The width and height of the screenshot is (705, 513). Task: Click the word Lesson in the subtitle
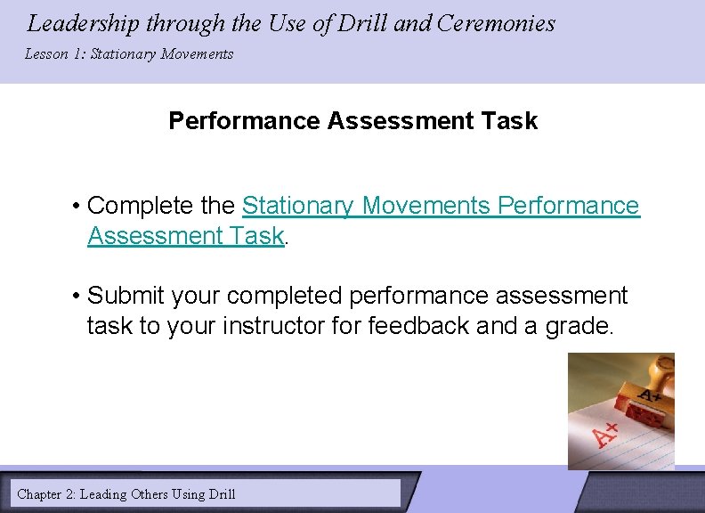[x=45, y=54]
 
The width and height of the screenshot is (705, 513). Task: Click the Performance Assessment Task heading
[x=352, y=121]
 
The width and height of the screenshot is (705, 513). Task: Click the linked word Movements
[x=425, y=206]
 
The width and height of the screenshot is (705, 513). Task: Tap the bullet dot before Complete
[x=78, y=207]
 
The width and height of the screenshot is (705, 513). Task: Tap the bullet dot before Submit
[x=78, y=296]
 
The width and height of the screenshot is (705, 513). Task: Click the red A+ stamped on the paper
[x=607, y=434]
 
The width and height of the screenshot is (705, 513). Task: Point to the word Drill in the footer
[x=220, y=493]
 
